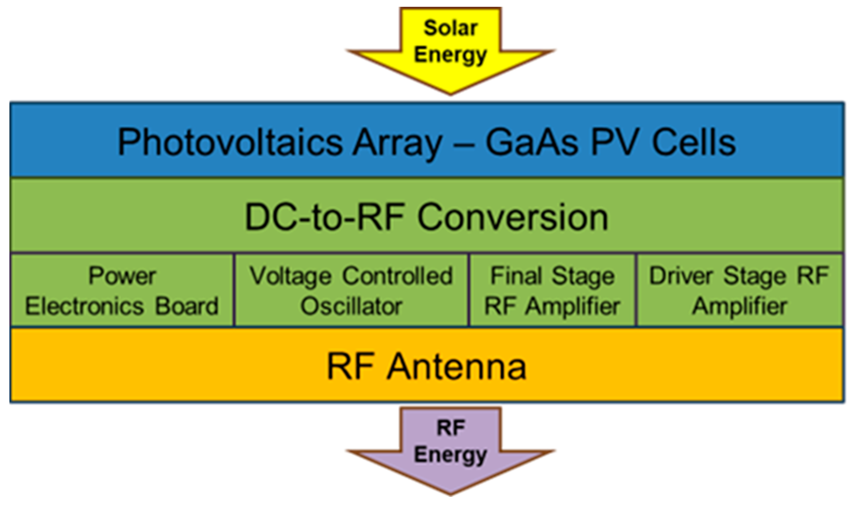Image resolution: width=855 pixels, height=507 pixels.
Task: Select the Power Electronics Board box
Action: coord(122,290)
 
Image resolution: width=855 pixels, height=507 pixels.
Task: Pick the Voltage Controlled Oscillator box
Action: coord(351,290)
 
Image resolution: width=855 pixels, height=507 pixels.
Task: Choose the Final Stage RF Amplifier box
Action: coord(552,290)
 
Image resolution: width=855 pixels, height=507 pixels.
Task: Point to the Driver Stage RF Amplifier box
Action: coord(739,290)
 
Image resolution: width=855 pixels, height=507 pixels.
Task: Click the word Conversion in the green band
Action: coord(513,217)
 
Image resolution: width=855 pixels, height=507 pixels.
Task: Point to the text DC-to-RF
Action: coord(325,217)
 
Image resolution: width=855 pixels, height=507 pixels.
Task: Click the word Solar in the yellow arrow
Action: coord(451,28)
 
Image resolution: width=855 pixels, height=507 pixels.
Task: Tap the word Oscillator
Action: coord(351,306)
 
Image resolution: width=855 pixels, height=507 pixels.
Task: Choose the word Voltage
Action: coord(291,276)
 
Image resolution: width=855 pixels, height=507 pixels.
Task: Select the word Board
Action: coord(187,306)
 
